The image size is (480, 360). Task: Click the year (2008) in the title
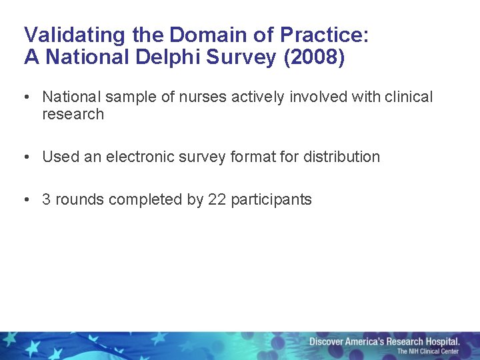click(x=314, y=58)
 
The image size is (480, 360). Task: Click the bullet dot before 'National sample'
click(x=25, y=97)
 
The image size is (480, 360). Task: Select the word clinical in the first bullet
click(x=409, y=97)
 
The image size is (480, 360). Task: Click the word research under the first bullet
click(x=73, y=115)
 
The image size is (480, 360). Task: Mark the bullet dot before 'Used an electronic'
click(x=25, y=157)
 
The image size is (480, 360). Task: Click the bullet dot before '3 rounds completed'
click(x=25, y=200)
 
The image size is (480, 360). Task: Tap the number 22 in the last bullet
click(x=217, y=200)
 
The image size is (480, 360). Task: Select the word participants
click(x=271, y=200)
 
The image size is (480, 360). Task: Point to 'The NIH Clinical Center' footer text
click(x=428, y=351)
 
